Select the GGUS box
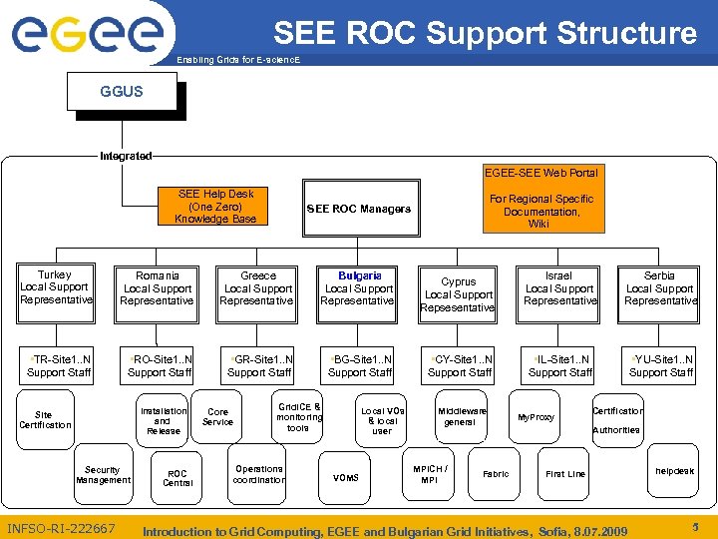(121, 92)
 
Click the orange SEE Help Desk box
(215, 207)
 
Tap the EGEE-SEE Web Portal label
(540, 173)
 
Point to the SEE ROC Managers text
(358, 209)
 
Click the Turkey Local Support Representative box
(55, 287)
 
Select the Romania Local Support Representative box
(157, 288)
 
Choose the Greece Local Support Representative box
(257, 288)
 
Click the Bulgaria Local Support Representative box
(358, 287)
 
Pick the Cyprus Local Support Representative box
(459, 294)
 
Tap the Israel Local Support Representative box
(559, 288)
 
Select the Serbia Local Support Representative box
(659, 288)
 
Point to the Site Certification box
(45, 419)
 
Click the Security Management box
(103, 475)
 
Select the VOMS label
(345, 478)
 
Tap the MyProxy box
(536, 417)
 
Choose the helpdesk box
(675, 471)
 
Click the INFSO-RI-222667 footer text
(62, 528)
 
